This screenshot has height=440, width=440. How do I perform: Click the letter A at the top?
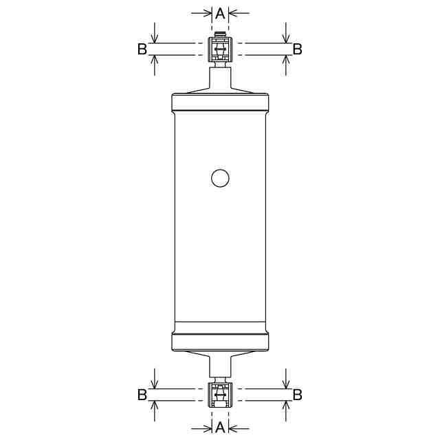[220, 13]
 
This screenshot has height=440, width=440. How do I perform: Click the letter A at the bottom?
[220, 427]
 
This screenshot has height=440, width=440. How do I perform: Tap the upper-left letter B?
[142, 49]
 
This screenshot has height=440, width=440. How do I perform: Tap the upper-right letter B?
[298, 49]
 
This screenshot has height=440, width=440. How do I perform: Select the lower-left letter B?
[142, 395]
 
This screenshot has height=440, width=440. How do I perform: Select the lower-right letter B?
[298, 395]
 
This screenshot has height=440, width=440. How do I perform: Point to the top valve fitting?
[220, 49]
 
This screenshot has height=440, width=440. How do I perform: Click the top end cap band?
[220, 102]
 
